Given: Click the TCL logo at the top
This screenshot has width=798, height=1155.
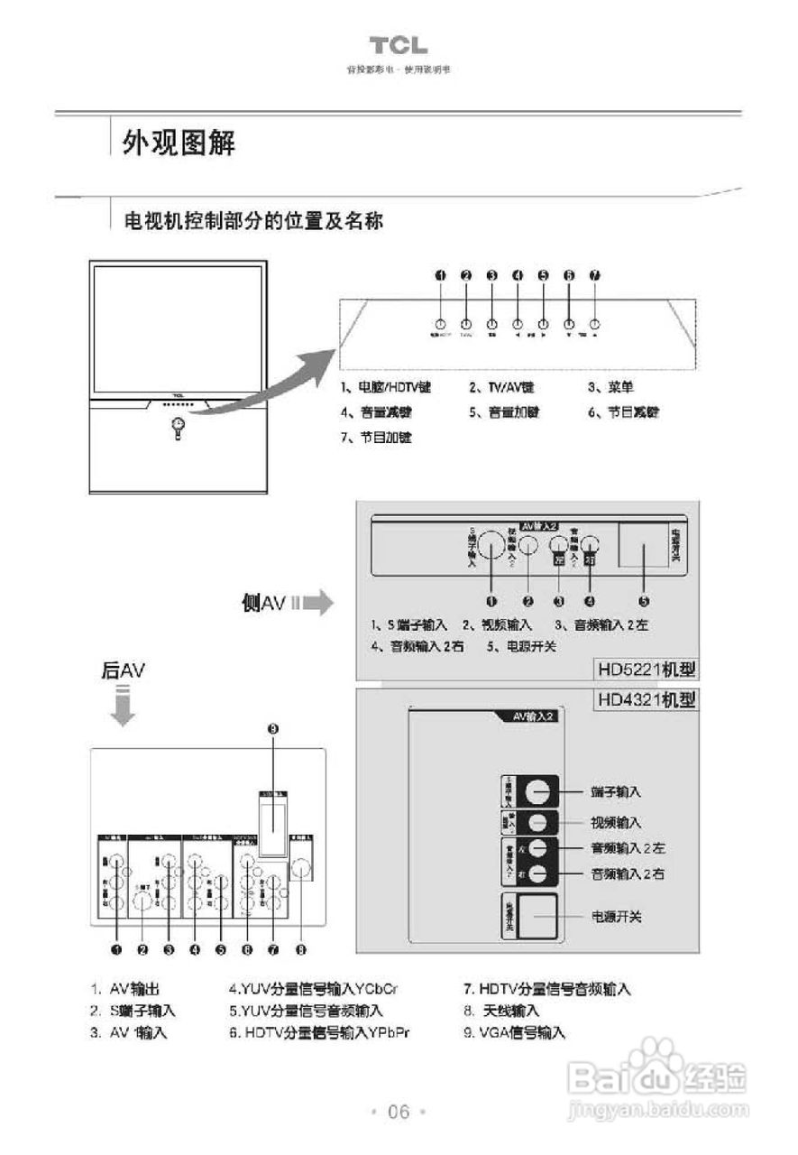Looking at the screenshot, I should click(x=398, y=46).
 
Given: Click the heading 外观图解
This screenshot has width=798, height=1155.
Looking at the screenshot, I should click(x=179, y=142).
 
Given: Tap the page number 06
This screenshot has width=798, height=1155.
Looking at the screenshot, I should click(x=399, y=1112).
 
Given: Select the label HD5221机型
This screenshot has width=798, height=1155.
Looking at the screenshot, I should click(x=646, y=670).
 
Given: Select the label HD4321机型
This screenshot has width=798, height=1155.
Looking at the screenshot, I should click(x=646, y=700).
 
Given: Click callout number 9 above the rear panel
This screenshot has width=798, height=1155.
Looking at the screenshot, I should click(x=274, y=728).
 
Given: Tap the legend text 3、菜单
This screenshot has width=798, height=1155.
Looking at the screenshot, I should click(x=610, y=387).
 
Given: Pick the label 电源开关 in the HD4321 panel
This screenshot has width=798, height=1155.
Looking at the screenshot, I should click(x=616, y=917).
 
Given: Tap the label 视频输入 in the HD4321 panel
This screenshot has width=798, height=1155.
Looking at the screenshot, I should click(x=616, y=822).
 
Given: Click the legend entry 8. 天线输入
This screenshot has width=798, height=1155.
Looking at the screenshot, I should click(x=501, y=1011).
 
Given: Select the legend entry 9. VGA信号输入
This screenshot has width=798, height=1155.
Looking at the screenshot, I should click(x=514, y=1033).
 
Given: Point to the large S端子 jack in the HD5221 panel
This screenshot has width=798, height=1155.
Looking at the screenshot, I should click(x=491, y=546).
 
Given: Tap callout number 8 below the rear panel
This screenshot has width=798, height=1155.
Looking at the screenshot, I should click(x=301, y=949).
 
